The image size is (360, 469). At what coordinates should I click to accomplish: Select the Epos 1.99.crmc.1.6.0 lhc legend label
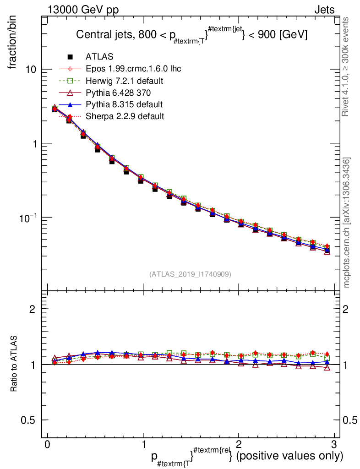point(133,69)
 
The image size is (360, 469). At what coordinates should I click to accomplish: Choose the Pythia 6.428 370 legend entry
point(119,93)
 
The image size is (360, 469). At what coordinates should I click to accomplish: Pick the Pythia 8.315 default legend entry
point(124,104)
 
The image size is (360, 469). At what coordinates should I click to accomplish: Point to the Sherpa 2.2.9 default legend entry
point(125,116)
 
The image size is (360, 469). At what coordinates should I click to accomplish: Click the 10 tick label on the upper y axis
point(31,70)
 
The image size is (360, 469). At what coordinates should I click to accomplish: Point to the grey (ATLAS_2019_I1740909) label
point(190,274)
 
